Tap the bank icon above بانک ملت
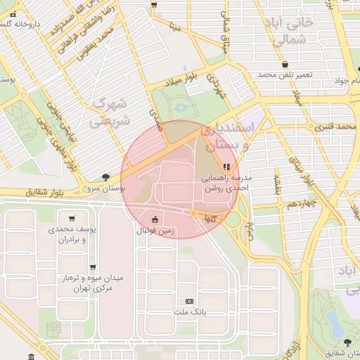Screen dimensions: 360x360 [188, 300]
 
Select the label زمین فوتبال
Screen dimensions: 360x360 [155, 230]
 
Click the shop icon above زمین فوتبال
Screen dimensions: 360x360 [155, 219]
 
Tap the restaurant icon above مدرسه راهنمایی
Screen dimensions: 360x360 [226, 167]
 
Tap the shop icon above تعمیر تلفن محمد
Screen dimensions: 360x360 [283, 64]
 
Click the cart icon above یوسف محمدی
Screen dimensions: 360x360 [72, 219]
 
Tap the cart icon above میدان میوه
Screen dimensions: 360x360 [93, 267]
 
